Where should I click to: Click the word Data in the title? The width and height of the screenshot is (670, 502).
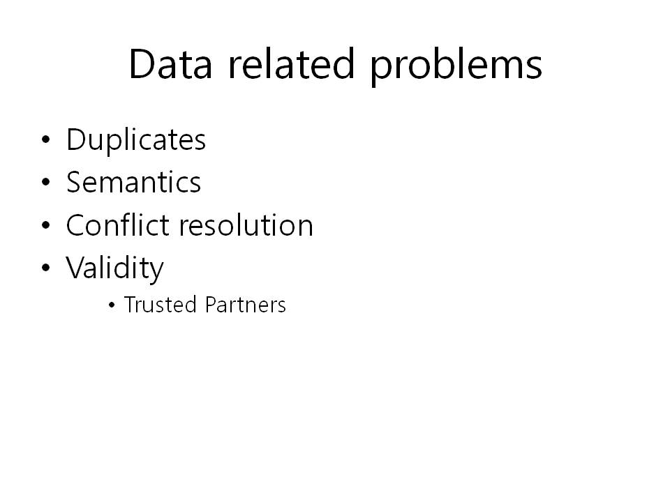pos(170,64)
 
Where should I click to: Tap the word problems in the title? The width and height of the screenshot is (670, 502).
pos(456,66)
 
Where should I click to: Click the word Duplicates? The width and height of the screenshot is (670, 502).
pos(136,140)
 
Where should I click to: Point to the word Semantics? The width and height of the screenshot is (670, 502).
pos(133,182)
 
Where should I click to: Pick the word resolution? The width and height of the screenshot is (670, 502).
pos(246,225)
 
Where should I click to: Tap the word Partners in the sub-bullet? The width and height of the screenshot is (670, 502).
pos(245,305)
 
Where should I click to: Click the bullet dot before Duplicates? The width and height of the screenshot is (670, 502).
pos(46,139)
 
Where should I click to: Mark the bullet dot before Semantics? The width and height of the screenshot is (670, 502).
pos(46,182)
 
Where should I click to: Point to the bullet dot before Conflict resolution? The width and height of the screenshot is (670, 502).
pos(46,225)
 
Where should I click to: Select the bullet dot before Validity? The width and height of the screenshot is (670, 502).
pos(46,268)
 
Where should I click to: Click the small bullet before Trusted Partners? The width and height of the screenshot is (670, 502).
pos(112,305)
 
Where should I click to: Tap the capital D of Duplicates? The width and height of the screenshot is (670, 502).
pos(77,139)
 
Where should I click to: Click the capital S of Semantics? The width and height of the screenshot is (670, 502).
pos(75,182)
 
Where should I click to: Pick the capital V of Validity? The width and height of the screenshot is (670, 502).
pos(76,268)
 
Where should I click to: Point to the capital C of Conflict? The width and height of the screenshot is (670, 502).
pos(77,225)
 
